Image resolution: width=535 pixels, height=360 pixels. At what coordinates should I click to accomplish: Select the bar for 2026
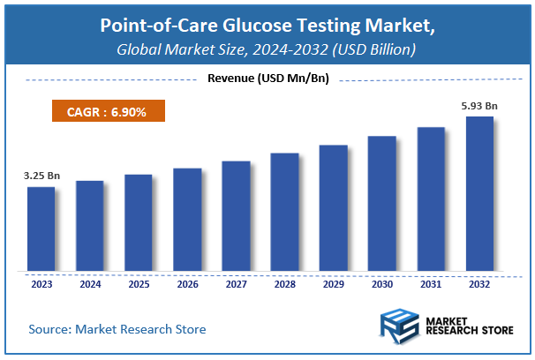pos(187,220)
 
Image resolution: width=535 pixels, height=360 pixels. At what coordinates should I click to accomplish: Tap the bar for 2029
pos(333,208)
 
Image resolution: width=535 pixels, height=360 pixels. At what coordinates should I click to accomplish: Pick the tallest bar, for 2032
pos(479,194)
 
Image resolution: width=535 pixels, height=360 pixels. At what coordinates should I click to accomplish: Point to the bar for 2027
pos(236,216)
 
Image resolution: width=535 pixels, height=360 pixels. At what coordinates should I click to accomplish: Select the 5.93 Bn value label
pos(480,106)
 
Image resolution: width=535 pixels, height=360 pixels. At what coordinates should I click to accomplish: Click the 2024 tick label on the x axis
pos(89,285)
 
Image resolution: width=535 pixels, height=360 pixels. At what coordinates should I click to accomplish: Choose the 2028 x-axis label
pos(284,285)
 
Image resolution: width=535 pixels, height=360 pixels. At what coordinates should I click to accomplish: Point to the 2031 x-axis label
pos(430,285)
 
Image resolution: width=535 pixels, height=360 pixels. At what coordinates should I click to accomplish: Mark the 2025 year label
pos(138,285)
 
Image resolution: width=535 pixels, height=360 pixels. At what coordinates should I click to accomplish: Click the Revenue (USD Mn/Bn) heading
pos(267,79)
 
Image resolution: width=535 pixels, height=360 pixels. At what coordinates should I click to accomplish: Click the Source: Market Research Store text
pos(117,329)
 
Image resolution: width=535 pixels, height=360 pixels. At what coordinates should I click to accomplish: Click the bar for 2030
pos(381,204)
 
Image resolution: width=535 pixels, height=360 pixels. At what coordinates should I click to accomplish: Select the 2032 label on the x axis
pos(479,285)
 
